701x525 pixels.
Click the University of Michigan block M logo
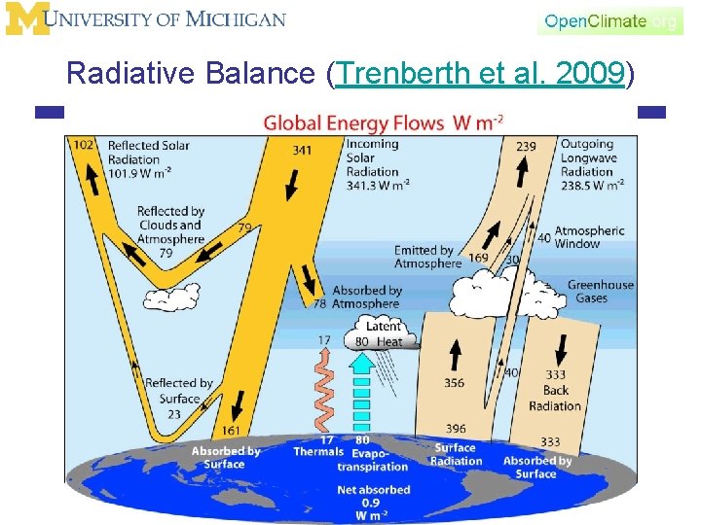coord(26,18)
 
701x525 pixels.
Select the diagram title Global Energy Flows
coord(383,123)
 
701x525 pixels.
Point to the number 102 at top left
coord(84,146)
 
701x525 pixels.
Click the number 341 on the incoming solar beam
coord(303,151)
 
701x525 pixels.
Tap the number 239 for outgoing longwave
coord(526,147)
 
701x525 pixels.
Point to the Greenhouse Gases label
coord(600,292)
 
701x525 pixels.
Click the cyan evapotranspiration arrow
coord(361,394)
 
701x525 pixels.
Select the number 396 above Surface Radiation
coord(456,428)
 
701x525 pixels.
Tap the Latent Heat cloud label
coord(382,334)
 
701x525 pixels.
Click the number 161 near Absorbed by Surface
coord(231,430)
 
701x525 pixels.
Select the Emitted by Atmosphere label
coord(426,257)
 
